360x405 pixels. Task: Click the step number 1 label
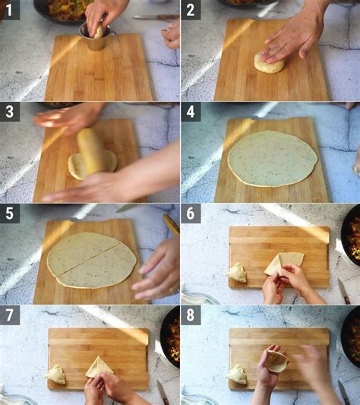click(x=10, y=10)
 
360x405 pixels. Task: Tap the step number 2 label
click(x=191, y=10)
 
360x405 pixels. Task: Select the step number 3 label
click(x=10, y=112)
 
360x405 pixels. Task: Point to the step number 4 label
click(x=191, y=112)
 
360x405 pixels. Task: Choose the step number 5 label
click(x=10, y=214)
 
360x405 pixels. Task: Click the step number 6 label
click(x=191, y=214)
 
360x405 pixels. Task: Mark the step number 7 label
click(x=10, y=315)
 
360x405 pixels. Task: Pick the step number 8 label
click(x=191, y=315)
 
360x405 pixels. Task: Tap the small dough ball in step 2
click(x=269, y=63)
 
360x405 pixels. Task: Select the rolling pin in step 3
click(x=90, y=150)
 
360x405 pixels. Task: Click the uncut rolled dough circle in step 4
click(x=273, y=158)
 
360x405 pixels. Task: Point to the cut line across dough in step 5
click(x=88, y=258)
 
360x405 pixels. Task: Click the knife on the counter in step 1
click(x=156, y=17)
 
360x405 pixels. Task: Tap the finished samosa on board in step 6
click(x=237, y=273)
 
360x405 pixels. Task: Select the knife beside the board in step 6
click(x=344, y=290)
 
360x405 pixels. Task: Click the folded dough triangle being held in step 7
click(x=99, y=367)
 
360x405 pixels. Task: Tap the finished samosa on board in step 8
click(x=237, y=375)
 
